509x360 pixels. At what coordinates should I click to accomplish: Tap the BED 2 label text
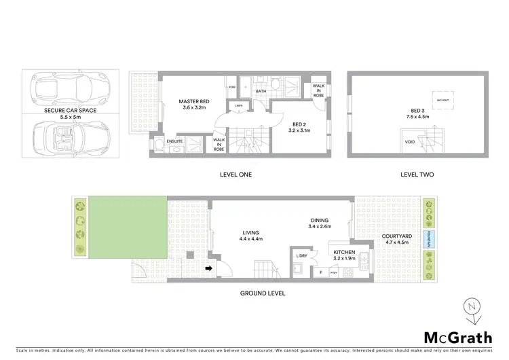tap(297, 127)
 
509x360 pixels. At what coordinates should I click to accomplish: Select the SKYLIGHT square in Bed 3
tap(442, 101)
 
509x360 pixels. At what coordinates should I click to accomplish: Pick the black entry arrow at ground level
tap(209, 268)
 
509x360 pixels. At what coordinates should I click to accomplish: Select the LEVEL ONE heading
tap(236, 175)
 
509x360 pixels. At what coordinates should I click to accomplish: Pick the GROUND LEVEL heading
tap(263, 293)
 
